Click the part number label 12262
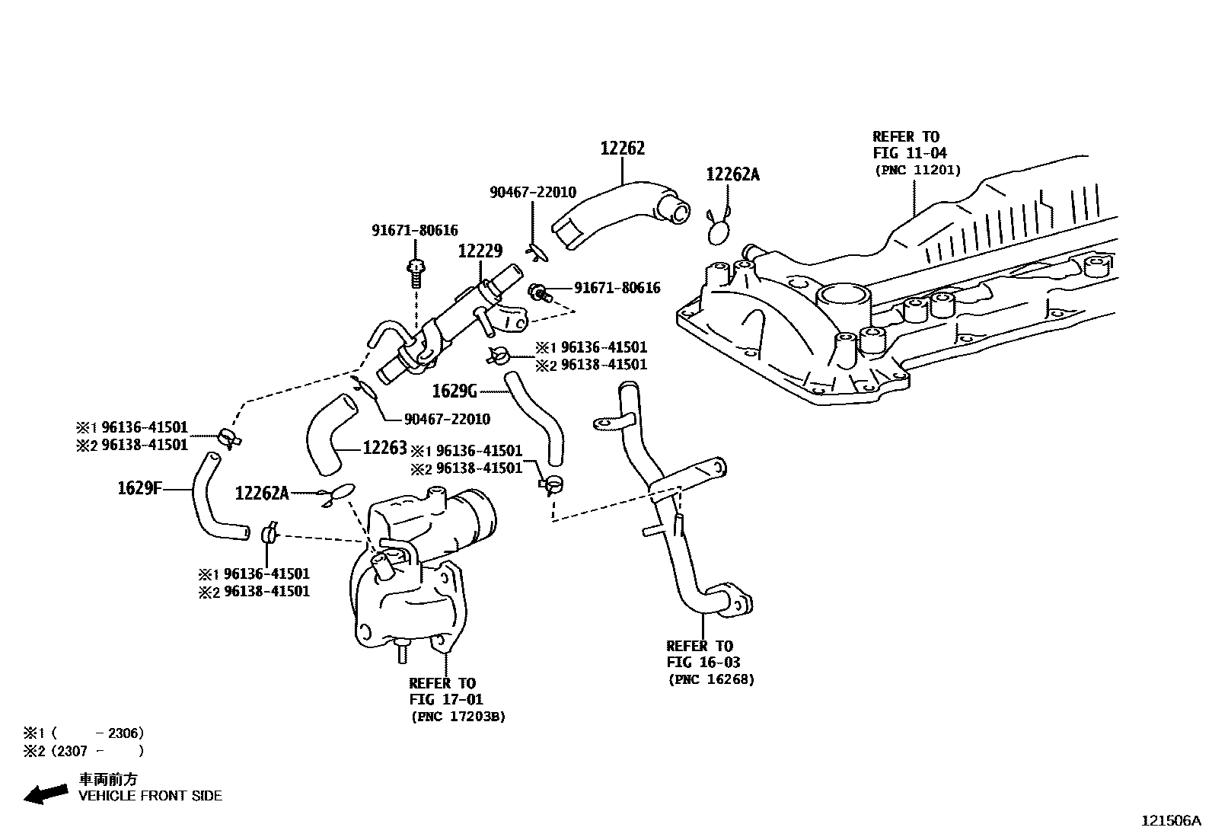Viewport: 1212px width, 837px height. click(622, 149)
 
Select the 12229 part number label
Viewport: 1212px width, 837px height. click(480, 251)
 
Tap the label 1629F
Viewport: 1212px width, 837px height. click(140, 488)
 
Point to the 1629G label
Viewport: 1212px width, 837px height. click(454, 391)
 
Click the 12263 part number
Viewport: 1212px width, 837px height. click(384, 448)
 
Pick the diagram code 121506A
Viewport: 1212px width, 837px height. click(1170, 821)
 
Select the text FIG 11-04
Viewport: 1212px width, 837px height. click(910, 153)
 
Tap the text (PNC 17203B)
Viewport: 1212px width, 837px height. click(458, 717)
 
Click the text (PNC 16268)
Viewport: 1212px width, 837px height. click(711, 679)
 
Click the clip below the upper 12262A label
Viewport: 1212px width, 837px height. click(719, 225)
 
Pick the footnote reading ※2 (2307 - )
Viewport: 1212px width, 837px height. click(84, 751)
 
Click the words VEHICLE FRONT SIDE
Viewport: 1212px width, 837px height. click(151, 796)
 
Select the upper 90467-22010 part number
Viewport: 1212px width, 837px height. click(532, 193)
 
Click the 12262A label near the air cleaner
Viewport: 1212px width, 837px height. click(262, 494)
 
